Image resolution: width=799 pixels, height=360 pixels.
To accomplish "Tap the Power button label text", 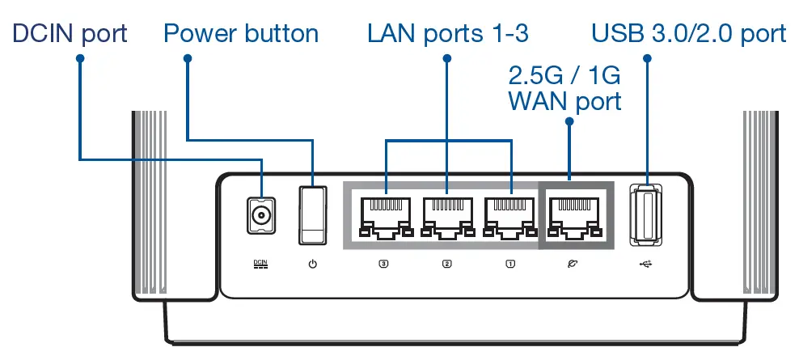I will click(241, 33).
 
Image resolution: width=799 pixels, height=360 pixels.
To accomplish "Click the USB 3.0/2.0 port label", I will click(689, 33).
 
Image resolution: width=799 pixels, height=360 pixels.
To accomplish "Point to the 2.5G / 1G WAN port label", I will click(564, 89).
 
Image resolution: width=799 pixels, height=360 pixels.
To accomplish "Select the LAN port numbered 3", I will click(383, 216).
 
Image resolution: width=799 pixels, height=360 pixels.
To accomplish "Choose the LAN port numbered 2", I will click(446, 216).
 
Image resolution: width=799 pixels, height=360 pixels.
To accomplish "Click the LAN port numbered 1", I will click(509, 216).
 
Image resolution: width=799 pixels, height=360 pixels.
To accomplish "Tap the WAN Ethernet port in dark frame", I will click(573, 216).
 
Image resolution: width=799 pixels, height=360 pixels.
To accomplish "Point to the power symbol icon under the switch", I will click(313, 264).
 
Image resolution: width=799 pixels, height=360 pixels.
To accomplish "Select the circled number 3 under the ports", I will click(383, 264).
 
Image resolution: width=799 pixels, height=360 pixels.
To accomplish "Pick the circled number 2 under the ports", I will click(446, 264).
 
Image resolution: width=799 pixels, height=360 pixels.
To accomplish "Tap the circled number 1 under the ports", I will click(509, 264).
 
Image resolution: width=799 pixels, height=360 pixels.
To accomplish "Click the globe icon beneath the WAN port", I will click(573, 264).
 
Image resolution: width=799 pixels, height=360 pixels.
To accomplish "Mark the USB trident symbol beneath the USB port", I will click(647, 264).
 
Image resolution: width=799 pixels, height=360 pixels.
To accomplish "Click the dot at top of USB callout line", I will click(647, 58).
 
